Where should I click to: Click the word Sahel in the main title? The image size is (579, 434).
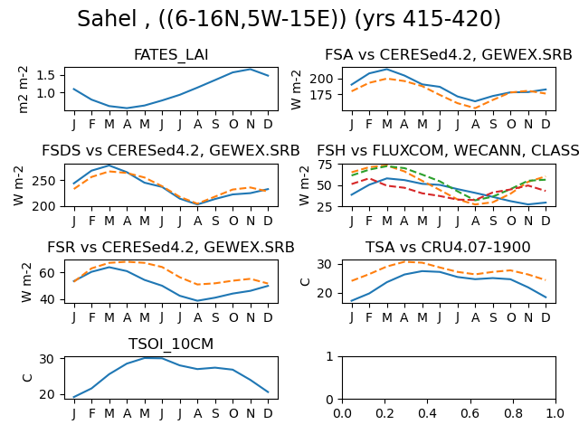pos(107,18)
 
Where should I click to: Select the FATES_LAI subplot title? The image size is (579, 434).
pos(171,55)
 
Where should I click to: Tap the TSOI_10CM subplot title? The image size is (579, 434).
pos(171,344)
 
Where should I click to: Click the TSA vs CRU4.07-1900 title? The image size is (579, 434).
pos(448,247)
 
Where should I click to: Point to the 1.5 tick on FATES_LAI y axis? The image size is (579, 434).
pos(46,75)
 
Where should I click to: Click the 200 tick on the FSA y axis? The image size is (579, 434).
pos(321,79)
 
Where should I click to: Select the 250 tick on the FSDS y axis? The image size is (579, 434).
pos(43,181)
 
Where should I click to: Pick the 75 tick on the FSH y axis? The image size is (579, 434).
pos(326,165)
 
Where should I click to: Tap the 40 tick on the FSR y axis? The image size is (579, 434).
pos(48,299)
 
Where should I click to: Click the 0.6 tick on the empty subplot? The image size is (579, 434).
pos(470,413)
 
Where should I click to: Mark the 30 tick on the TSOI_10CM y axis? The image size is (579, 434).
pos(47,359)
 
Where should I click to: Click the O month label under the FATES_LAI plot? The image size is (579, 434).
pos(233,125)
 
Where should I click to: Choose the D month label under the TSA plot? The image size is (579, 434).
pos(546,317)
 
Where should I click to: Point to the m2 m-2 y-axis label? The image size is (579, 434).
pos(23,90)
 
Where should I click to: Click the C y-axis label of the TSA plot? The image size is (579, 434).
pos(305,282)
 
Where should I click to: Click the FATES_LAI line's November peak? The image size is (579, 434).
pos(251,69)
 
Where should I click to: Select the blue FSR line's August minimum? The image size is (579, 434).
pos(197,300)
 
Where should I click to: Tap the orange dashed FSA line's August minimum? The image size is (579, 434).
pos(475,108)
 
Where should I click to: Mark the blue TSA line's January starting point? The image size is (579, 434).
pos(351,301)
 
